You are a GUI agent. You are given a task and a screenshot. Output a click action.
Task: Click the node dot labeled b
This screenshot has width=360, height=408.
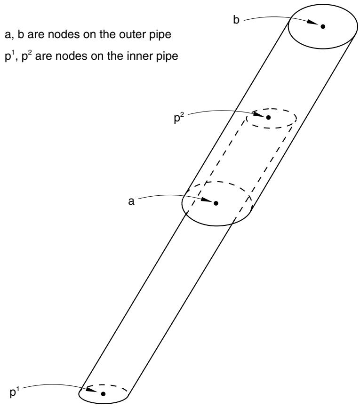(323, 26)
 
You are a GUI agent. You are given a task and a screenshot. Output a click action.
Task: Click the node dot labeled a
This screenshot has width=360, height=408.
(216, 203)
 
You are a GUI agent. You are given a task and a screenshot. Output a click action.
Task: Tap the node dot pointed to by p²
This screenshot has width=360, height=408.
(268, 118)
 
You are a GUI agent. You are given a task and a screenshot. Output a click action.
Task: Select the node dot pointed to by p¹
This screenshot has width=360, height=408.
(103, 394)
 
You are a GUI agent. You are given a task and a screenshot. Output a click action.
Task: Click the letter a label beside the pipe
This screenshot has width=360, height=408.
(131, 201)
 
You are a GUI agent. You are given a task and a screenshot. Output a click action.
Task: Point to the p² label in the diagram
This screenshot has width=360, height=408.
(179, 119)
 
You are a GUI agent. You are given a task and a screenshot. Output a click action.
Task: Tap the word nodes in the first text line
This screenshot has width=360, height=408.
(54, 35)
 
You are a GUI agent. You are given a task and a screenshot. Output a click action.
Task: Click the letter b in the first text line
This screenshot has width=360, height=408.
(21, 34)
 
